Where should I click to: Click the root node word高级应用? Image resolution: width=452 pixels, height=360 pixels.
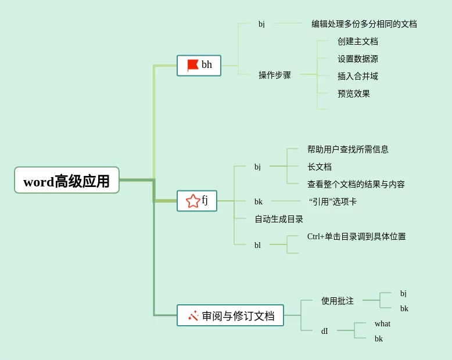[67, 180]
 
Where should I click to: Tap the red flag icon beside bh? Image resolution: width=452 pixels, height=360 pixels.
[192, 66]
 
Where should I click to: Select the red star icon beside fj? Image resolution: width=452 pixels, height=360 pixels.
[193, 201]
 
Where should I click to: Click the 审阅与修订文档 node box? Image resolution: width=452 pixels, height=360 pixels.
[230, 315]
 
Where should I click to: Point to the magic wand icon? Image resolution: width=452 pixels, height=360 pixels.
[193, 316]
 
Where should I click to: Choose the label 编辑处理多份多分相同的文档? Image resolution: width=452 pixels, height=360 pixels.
[364, 24]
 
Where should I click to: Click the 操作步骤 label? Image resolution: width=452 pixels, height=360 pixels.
[274, 75]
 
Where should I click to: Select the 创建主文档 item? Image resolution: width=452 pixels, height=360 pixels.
[358, 41]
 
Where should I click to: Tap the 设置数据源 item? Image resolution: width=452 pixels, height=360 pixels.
[358, 59]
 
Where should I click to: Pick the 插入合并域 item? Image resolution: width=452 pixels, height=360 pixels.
[358, 76]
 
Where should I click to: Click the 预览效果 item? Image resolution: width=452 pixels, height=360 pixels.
[354, 94]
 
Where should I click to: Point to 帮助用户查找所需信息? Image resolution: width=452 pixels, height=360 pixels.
[347, 149]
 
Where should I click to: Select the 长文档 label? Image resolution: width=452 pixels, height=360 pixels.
[320, 167]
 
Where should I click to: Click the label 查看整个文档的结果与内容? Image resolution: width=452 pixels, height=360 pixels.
[356, 184]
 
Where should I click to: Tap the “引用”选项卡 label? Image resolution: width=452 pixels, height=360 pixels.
[333, 201]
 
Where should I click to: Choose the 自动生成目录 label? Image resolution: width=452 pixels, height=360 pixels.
[279, 219]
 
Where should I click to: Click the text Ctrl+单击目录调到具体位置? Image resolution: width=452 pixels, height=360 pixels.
[356, 237]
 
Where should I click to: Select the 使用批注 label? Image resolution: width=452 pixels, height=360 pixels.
[338, 301]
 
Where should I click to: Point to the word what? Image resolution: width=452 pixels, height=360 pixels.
[382, 324]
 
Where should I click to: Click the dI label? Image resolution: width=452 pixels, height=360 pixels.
[325, 331]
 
